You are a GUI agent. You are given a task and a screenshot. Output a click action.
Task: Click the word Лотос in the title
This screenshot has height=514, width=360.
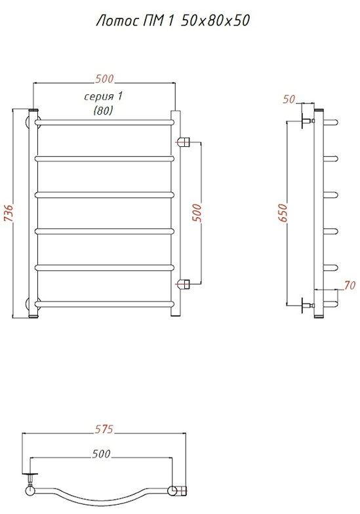[117, 21]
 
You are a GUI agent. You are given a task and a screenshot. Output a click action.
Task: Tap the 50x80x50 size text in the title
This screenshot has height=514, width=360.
[215, 20]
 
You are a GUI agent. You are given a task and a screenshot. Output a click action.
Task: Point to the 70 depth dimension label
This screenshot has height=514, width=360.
[350, 285]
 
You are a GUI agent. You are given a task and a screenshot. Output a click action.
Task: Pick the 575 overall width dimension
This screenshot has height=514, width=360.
[104, 429]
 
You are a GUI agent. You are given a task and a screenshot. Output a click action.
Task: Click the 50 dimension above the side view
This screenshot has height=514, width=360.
[289, 99]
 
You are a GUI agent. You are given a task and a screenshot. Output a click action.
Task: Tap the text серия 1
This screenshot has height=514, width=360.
[104, 96]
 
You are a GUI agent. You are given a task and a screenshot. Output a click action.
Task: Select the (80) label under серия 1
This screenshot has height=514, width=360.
[103, 110]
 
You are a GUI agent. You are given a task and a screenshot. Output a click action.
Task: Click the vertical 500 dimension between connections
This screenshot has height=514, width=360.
[197, 212]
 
